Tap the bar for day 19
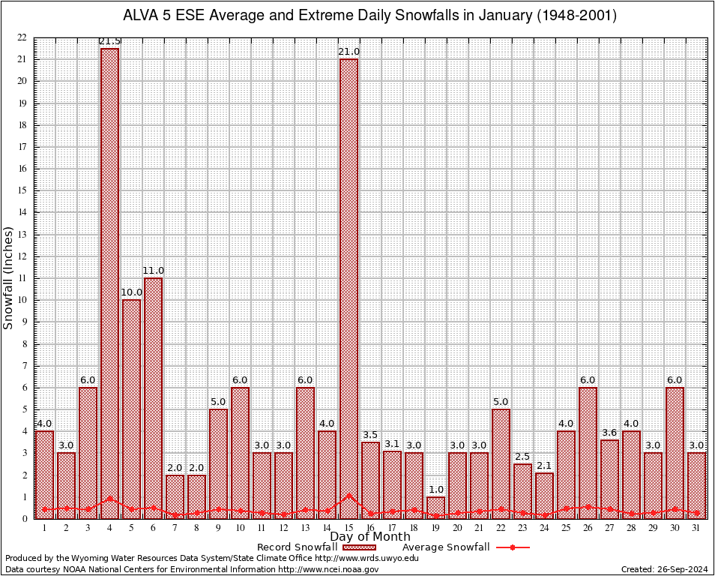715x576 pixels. point(435,507)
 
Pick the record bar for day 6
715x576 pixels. point(153,397)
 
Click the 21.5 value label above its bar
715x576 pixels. point(109,41)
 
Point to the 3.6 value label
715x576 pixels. point(609,433)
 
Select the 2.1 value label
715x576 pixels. point(544,466)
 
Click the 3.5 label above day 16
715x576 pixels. point(370,435)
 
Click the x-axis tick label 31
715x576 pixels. point(696,528)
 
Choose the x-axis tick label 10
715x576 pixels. point(240,528)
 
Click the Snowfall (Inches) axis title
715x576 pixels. point(9,277)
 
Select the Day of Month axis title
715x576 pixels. point(369,537)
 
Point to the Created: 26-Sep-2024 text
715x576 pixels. point(664,570)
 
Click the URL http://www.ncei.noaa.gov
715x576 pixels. point(328,570)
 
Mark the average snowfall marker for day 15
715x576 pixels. point(349,496)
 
